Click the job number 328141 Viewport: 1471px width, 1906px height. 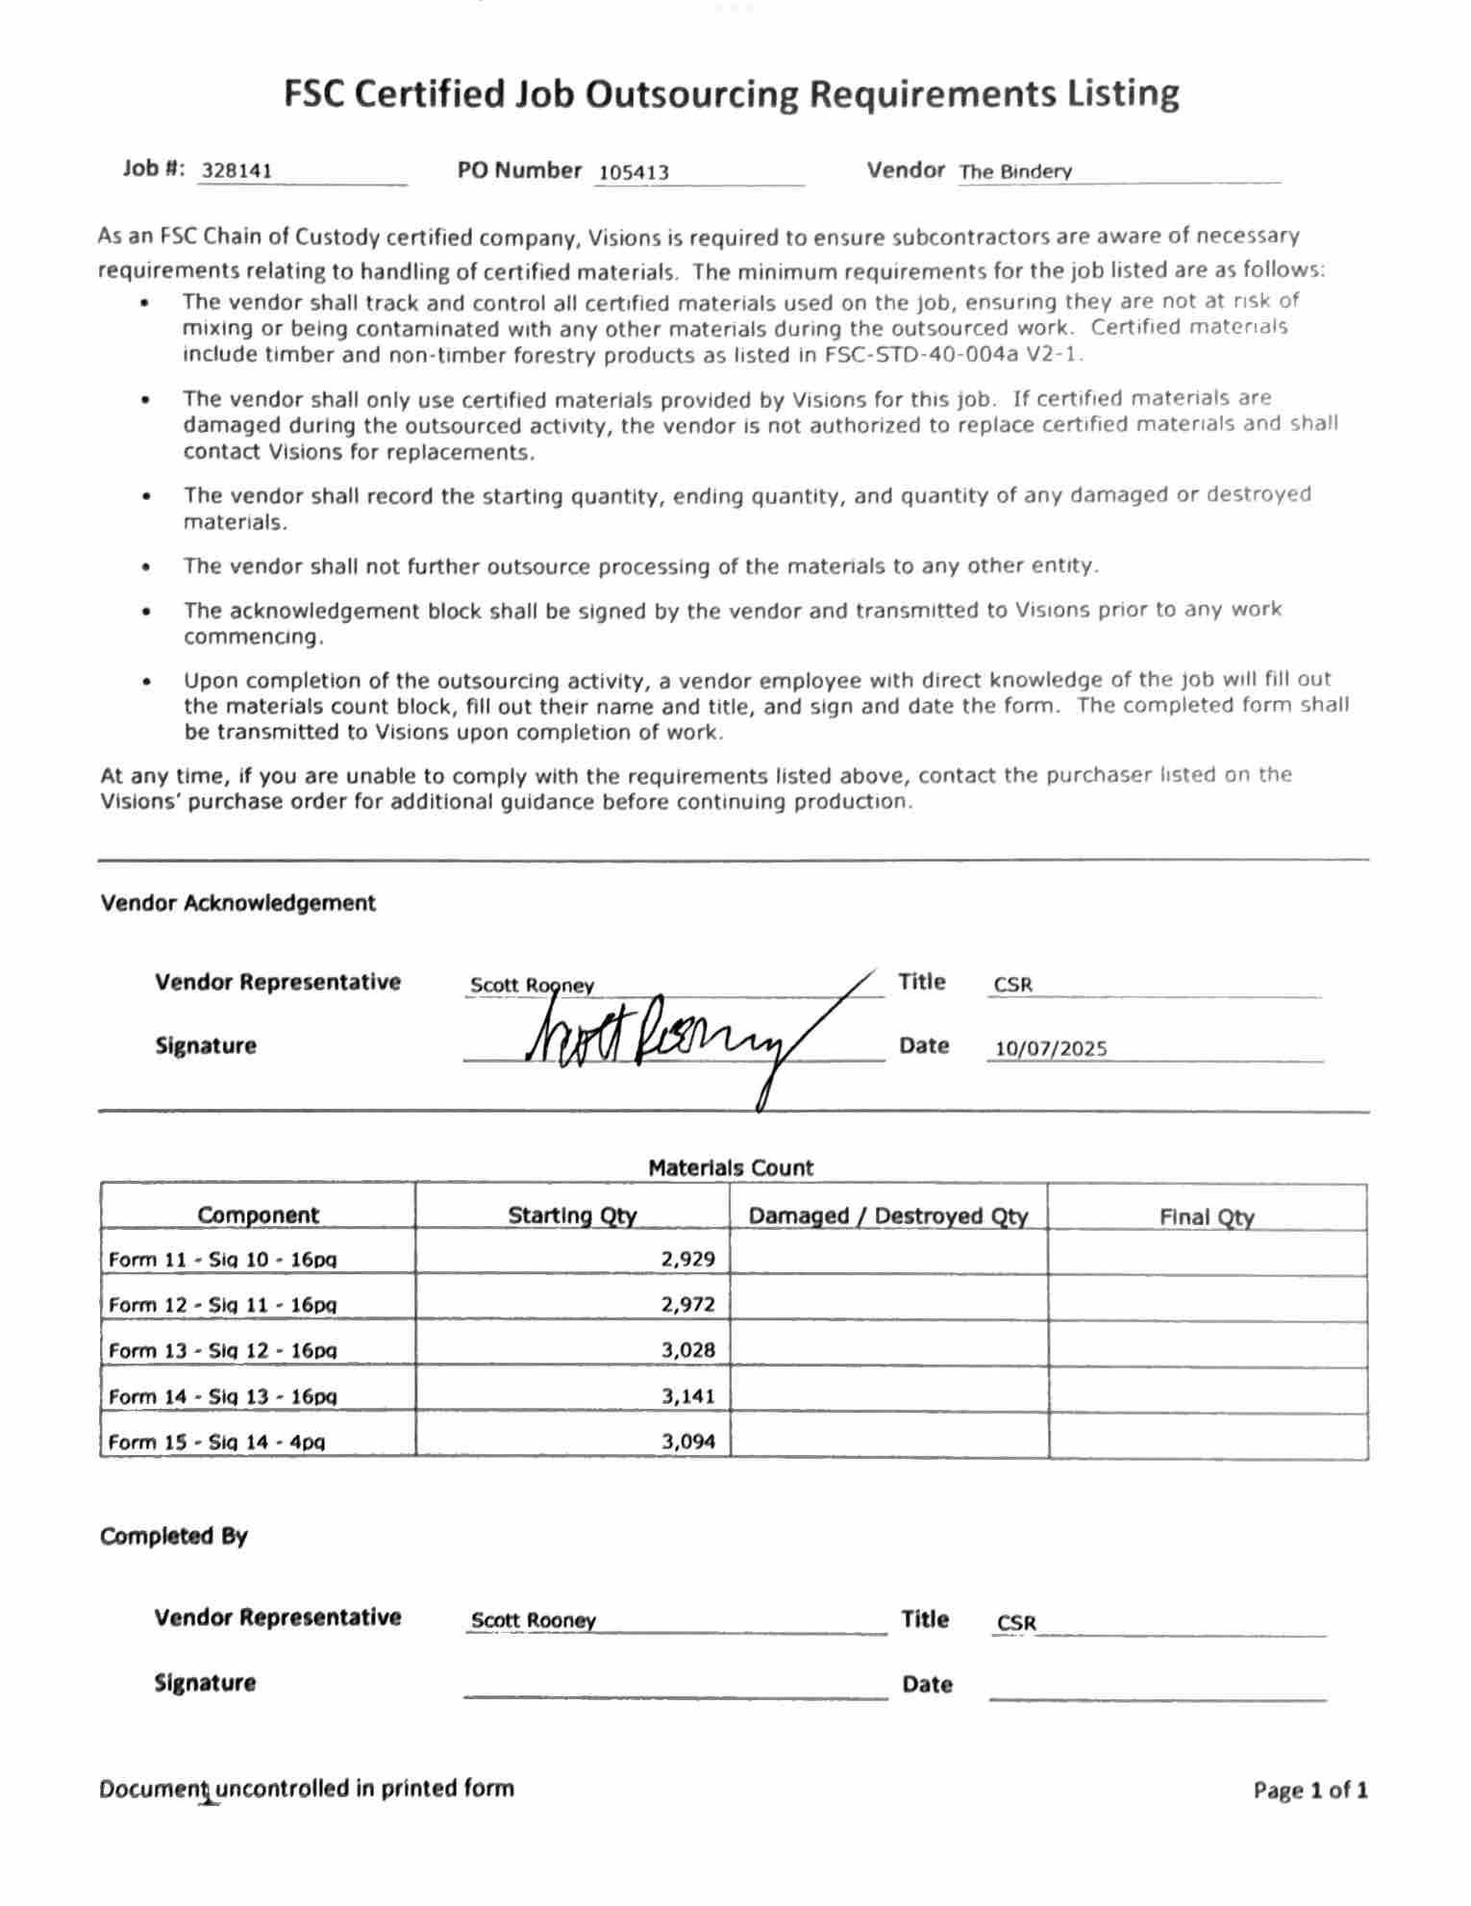[x=237, y=171]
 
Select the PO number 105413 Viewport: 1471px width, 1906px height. [x=633, y=173]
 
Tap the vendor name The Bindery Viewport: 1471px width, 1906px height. [x=1014, y=172]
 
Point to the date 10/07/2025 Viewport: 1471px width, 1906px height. [x=1050, y=1048]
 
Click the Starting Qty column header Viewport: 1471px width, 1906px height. [x=572, y=1216]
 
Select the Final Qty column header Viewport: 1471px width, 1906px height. [x=1206, y=1217]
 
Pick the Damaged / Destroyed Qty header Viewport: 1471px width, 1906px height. [x=887, y=1216]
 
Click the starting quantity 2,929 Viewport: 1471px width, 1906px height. [x=687, y=1259]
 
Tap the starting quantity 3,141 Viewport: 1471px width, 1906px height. [x=687, y=1395]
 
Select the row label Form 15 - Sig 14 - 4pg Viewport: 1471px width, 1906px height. [x=216, y=1442]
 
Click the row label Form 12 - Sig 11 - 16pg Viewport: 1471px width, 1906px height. [x=222, y=1305]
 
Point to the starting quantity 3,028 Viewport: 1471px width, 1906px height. [x=687, y=1350]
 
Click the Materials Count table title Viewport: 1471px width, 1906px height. [x=730, y=1168]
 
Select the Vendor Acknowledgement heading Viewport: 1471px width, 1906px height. [x=237, y=903]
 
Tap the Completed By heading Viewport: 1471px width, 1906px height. [x=173, y=1536]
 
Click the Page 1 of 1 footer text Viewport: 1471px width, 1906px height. [x=1309, y=1791]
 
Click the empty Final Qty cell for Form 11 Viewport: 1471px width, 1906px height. [x=1207, y=1254]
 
